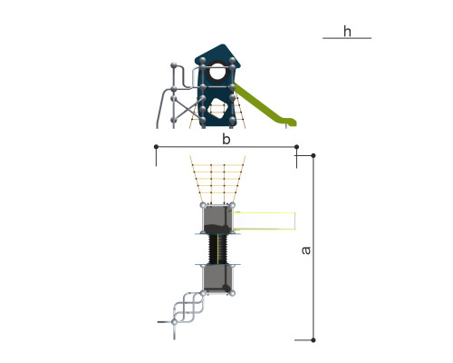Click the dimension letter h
(347, 31)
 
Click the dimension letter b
(226, 139)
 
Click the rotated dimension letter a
(306, 250)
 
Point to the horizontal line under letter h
(347, 38)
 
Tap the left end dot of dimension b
(156, 147)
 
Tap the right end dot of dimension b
(296, 147)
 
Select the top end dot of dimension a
(313, 155)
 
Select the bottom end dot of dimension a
(313, 340)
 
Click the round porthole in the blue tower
(217, 72)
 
